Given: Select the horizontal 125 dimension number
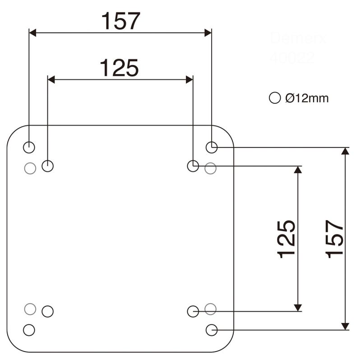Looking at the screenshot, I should point(119,68).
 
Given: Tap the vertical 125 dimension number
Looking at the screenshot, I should point(287,239).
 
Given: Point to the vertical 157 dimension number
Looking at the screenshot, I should point(335,239).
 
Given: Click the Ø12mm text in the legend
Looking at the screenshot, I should point(307,98).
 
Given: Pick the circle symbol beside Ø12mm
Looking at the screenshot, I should point(274,98).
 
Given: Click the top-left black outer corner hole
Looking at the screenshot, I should point(29,147).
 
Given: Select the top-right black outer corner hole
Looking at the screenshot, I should point(212,147).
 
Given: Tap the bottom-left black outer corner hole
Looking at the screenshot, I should point(29,330).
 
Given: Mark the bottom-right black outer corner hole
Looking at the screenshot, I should point(212,330).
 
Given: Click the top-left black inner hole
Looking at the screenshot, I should point(48,166).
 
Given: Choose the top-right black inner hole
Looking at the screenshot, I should point(193,166).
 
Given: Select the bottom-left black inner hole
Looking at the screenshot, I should point(48,311).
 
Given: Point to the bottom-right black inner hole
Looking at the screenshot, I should point(193,311).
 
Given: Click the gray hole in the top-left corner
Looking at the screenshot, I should point(30,168).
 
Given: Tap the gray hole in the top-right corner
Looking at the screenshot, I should point(211,168).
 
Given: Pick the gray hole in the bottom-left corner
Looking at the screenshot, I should point(30,309).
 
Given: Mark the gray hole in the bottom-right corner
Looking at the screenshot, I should point(211,309).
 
